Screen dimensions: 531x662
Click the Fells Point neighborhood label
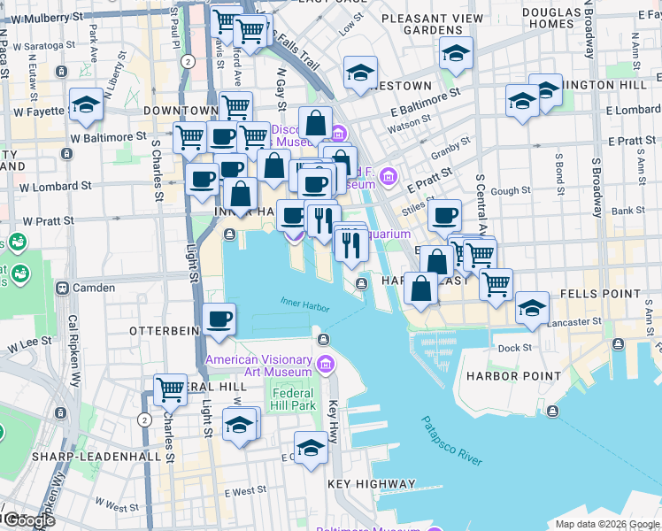click(607, 293)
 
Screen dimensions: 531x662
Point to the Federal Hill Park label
click(294, 399)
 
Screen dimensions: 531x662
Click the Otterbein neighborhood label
click(161, 330)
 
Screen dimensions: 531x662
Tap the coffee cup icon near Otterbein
click(219, 320)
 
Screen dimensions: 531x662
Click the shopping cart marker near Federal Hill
click(169, 389)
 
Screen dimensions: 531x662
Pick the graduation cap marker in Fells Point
click(532, 308)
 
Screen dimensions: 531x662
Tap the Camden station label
click(94, 288)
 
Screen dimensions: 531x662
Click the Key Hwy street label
click(334, 417)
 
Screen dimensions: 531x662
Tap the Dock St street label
click(514, 349)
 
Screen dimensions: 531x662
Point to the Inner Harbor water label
click(304, 304)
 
